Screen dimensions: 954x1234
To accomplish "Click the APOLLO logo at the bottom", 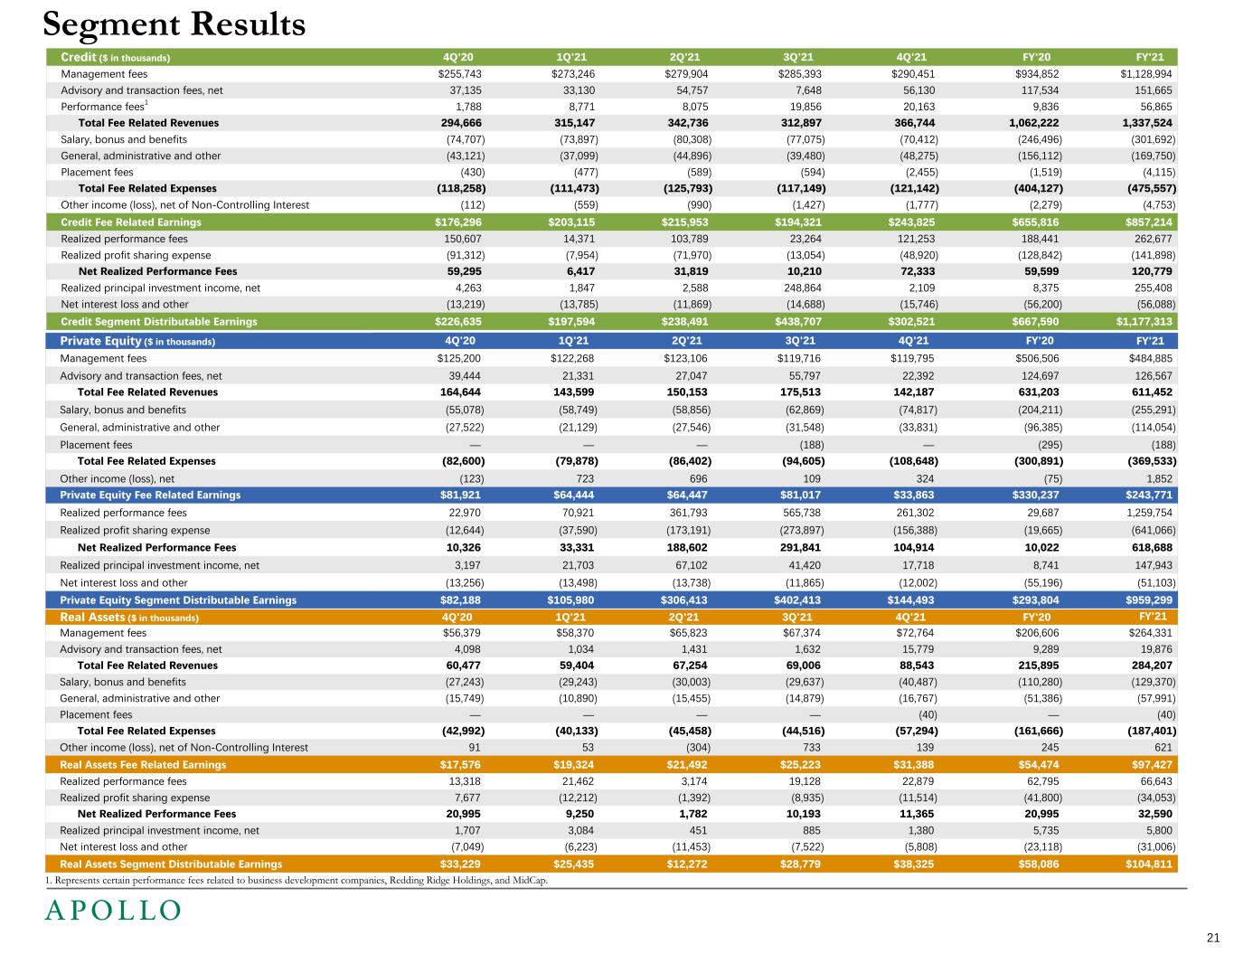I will pyautogui.click(x=113, y=911).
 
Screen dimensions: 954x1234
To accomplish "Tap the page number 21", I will pyautogui.click(x=1213, y=937).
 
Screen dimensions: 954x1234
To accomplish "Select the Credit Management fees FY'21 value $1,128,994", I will pyautogui.click(x=1145, y=74).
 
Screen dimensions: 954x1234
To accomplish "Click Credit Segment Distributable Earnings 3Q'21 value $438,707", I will pyautogui.click(x=800, y=321).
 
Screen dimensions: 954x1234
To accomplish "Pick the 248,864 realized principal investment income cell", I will pyautogui.click(x=803, y=288).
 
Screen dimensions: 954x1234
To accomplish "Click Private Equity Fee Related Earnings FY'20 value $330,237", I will pyautogui.click(x=1032, y=495).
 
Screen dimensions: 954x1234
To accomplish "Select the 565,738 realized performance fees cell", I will pyautogui.click(x=803, y=513).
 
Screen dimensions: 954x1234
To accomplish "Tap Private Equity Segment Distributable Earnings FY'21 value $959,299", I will pyautogui.click(x=1145, y=600).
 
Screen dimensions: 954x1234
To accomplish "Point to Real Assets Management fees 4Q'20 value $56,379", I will pyautogui.click(x=461, y=633).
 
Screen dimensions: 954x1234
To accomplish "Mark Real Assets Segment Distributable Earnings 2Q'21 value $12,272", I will pyautogui.click(x=687, y=864).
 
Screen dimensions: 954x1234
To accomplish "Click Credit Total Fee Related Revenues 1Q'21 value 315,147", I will pyautogui.click(x=575, y=123).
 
